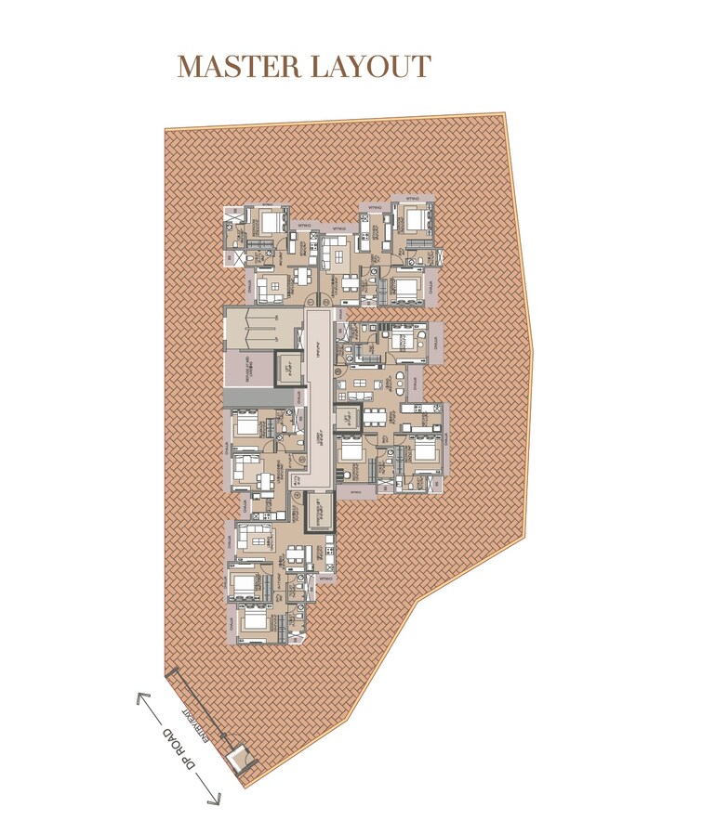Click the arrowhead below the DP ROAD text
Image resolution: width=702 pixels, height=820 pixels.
pos(217,800)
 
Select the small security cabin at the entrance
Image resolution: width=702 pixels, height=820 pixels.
pos(242,759)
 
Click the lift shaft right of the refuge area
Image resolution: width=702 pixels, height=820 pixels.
pos(289,371)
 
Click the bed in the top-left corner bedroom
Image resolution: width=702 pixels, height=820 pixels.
pos(271,221)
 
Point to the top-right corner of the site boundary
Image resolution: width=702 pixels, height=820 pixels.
pos(505,115)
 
